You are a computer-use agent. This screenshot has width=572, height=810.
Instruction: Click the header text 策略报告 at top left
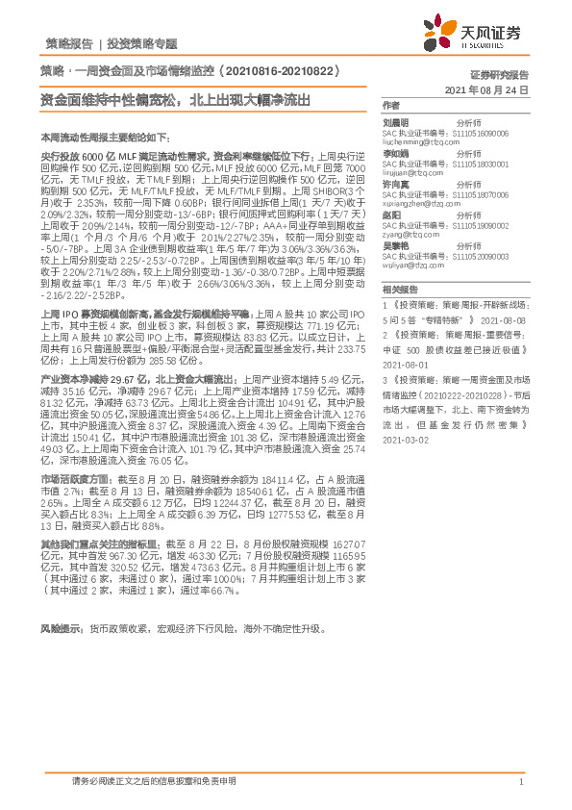[69, 43]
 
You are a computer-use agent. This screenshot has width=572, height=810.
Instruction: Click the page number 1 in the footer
[520, 782]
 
